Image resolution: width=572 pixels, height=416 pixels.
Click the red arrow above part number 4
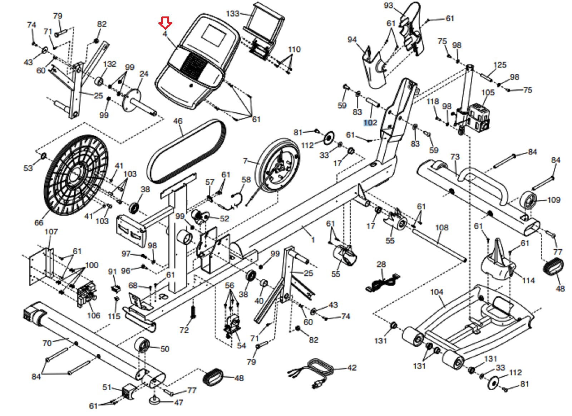coord(165,23)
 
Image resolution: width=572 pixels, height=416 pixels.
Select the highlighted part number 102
coord(370,123)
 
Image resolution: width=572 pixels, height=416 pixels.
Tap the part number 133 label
coord(232,14)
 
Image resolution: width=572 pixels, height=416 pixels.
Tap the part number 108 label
coord(442,227)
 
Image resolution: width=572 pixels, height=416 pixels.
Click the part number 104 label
coord(437,292)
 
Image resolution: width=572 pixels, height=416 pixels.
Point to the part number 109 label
coord(553,200)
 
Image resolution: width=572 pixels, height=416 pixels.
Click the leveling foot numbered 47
coord(154,400)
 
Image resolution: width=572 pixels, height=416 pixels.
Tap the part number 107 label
coord(51,232)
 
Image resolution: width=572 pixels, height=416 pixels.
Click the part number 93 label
coord(388,6)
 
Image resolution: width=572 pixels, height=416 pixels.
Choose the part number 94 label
coord(352,39)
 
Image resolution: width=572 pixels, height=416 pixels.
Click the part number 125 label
coord(499,65)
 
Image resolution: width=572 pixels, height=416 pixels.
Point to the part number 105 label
coord(488,92)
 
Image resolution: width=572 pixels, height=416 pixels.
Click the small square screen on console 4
coord(214,35)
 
